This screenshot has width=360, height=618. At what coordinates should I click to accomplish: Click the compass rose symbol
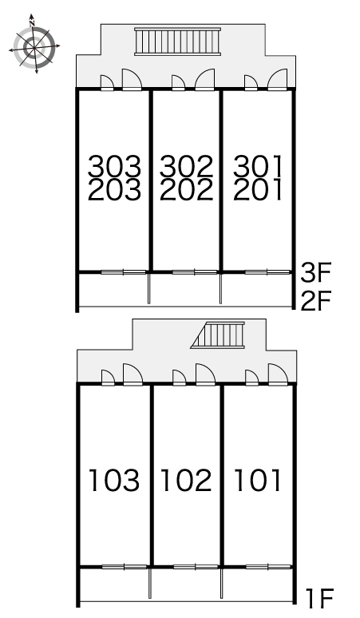(34, 46)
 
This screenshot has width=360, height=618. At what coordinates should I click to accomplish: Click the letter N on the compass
(32, 23)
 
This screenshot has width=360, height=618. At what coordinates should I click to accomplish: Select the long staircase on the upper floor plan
(177, 42)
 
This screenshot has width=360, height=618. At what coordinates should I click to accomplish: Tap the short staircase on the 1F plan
(218, 335)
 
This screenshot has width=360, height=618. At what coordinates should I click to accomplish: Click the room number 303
(114, 166)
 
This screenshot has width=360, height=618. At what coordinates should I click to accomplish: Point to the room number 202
(186, 189)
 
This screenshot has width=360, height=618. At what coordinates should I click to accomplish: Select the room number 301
(258, 166)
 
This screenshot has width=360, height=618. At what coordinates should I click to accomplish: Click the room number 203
(114, 189)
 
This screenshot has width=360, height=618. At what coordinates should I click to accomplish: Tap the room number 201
(258, 189)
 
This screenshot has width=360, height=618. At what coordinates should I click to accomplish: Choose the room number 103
(114, 480)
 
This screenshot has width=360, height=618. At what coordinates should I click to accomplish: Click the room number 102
(186, 480)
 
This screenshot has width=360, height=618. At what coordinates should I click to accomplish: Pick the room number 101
(258, 480)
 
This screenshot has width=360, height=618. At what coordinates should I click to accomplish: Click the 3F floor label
(316, 272)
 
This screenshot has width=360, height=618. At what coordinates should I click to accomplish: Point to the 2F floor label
(316, 300)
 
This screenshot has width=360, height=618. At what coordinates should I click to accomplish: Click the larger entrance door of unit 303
(132, 80)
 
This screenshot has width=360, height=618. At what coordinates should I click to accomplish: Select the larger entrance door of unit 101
(279, 374)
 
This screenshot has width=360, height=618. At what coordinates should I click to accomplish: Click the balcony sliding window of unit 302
(195, 272)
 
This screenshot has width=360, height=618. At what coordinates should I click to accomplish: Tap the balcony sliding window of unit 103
(124, 567)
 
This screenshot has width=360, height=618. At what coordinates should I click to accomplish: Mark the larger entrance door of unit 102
(205, 374)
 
